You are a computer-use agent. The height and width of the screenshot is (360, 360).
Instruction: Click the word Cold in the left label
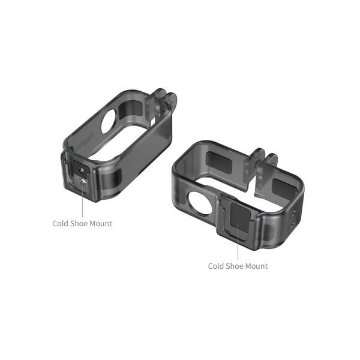coord(61,224)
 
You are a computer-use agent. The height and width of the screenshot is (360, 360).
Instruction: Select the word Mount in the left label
coord(101,224)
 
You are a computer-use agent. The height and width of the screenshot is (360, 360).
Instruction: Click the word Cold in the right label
coord(217,266)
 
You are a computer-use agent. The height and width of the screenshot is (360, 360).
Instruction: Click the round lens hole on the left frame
coord(109,122)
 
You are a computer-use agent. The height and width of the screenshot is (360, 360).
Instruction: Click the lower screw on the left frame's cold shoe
coord(82,181)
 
